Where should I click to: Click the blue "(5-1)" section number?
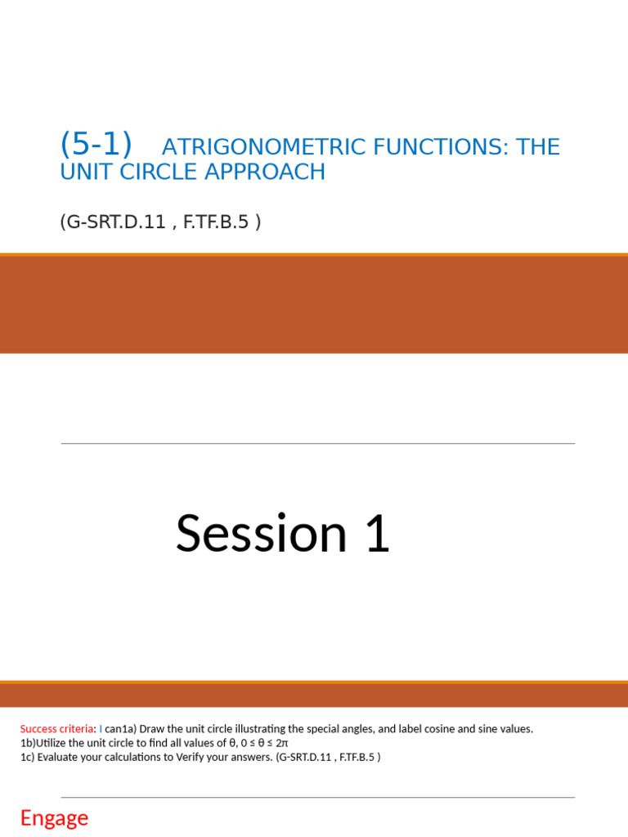point(96,145)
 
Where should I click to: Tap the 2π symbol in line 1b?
point(281,743)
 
